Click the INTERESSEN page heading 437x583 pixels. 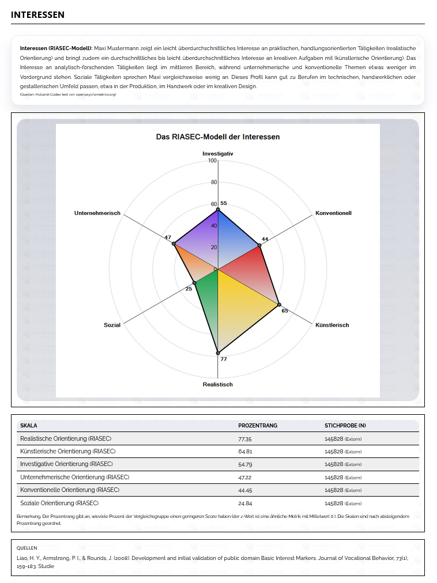(x=37, y=14)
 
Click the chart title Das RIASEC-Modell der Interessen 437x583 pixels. (x=218, y=137)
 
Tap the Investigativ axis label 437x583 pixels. (x=218, y=154)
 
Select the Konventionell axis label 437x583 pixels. (x=333, y=213)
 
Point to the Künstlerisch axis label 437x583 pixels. (x=332, y=325)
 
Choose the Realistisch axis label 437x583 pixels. (x=218, y=384)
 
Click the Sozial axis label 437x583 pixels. (x=112, y=325)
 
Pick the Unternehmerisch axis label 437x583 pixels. (x=97, y=213)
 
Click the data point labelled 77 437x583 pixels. (x=218, y=353)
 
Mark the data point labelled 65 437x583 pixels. (x=279, y=304)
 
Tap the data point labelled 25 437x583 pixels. (x=194, y=283)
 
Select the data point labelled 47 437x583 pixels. (x=174, y=244)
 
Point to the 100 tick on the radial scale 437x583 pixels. (x=212, y=161)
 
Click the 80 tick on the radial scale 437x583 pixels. (x=214, y=183)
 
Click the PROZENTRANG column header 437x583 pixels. (x=258, y=426)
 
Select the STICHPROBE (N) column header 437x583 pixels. (x=345, y=426)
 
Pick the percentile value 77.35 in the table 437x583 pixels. (x=244, y=439)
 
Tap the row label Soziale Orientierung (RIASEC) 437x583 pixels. (x=59, y=503)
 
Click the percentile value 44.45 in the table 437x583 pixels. (x=244, y=490)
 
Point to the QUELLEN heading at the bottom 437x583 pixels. (x=27, y=548)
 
